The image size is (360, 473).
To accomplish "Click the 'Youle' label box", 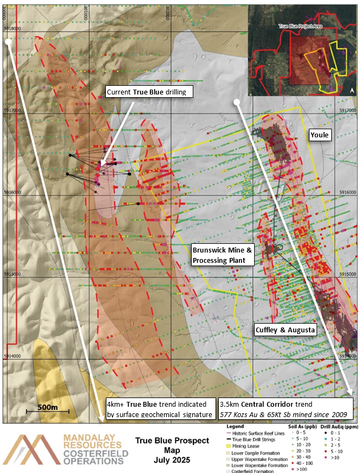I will click(320, 135).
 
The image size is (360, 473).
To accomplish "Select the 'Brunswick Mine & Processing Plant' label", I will click(223, 255).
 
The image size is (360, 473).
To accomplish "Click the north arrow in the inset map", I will click(352, 90).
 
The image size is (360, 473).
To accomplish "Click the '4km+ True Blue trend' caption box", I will click(160, 410).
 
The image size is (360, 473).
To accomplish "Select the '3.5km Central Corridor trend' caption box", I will click(286, 410).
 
